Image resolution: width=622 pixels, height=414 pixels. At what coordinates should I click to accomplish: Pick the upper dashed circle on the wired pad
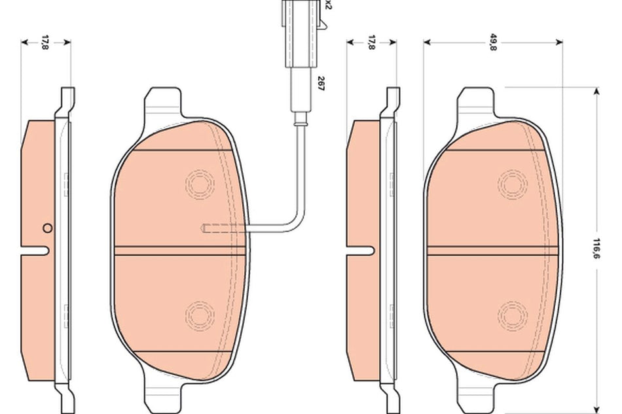(199, 183)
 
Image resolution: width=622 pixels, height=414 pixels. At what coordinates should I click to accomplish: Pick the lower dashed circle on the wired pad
(199, 316)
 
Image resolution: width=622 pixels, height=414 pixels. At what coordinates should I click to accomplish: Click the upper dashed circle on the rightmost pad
(512, 183)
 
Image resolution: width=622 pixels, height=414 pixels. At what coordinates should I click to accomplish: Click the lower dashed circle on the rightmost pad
(512, 316)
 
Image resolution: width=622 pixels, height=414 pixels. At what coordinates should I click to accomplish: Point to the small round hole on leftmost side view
(46, 228)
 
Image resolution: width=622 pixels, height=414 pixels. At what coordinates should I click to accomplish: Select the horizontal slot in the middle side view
(361, 249)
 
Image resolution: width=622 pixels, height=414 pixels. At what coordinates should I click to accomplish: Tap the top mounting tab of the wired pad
(162, 101)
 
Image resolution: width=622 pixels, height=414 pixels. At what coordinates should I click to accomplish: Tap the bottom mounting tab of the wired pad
(162, 395)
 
